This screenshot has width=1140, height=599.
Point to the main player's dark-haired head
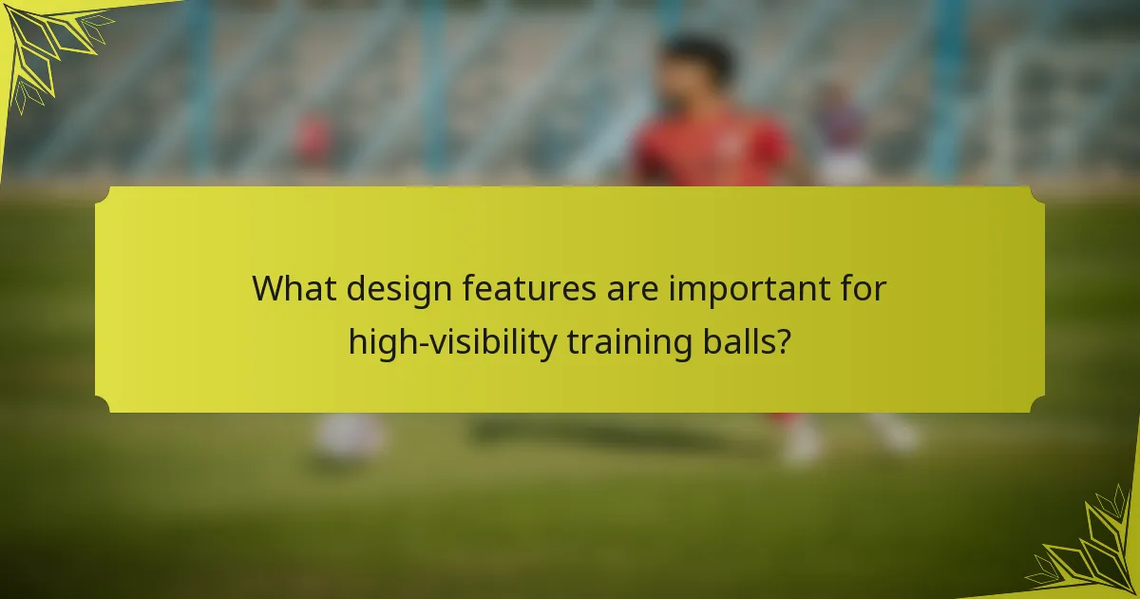699,67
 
